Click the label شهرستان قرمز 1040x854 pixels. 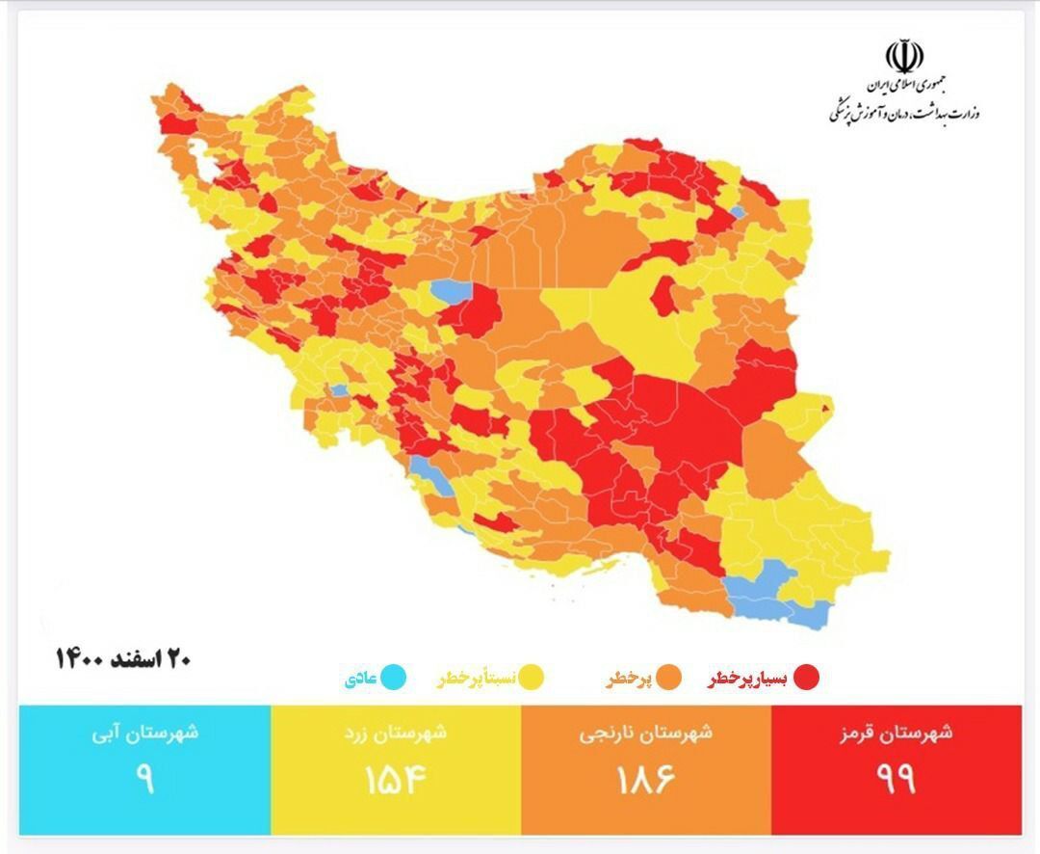[x=896, y=733]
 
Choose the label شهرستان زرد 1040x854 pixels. [x=395, y=733]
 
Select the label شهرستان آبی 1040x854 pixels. [x=144, y=733]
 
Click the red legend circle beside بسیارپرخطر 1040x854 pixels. [x=806, y=679]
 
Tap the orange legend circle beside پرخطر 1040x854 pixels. [x=669, y=679]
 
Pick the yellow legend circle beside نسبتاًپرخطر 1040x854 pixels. [x=532, y=679]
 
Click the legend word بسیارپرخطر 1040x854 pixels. [x=748, y=680]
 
